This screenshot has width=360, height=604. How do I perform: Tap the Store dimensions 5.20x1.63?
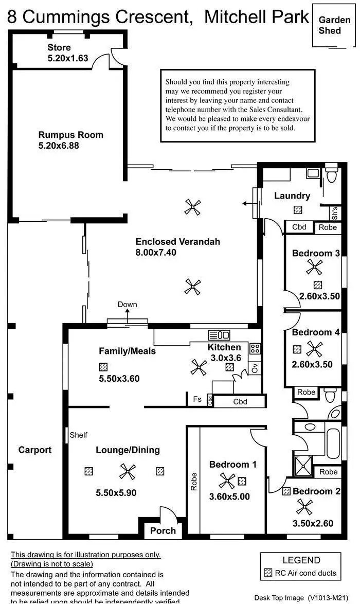pyautogui.click(x=68, y=58)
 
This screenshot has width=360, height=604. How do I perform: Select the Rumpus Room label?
pyautogui.click(x=70, y=135)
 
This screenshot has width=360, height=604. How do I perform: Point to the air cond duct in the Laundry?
pyautogui.click(x=298, y=209)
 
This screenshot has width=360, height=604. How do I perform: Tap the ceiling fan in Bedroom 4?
pyautogui.click(x=313, y=349)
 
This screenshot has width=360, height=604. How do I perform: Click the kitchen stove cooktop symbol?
pyautogui.click(x=255, y=348)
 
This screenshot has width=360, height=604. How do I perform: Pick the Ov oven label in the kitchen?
pyautogui.click(x=255, y=368)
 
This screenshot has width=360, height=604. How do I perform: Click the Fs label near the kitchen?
pyautogui.click(x=197, y=399)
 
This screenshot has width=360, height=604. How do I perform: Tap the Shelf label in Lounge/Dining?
pyautogui.click(x=79, y=435)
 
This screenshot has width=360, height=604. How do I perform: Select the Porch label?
pyautogui.click(x=163, y=530)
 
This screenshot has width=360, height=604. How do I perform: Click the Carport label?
pyautogui.click(x=35, y=450)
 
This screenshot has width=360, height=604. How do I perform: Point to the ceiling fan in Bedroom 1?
pyautogui.click(x=227, y=482)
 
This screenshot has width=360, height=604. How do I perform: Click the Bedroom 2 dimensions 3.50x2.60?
pyautogui.click(x=313, y=524)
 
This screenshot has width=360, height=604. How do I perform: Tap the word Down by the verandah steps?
pyautogui.click(x=127, y=304)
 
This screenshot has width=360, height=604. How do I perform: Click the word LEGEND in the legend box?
pyautogui.click(x=301, y=560)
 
